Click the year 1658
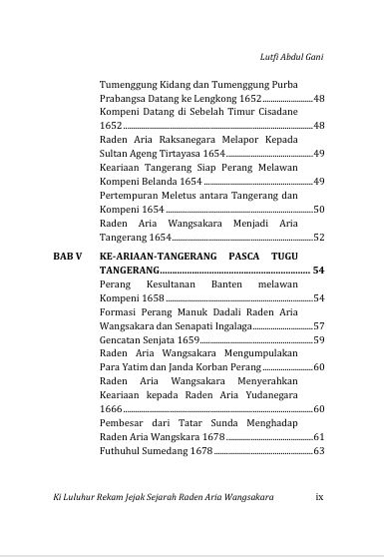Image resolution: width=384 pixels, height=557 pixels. click(x=152, y=298)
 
